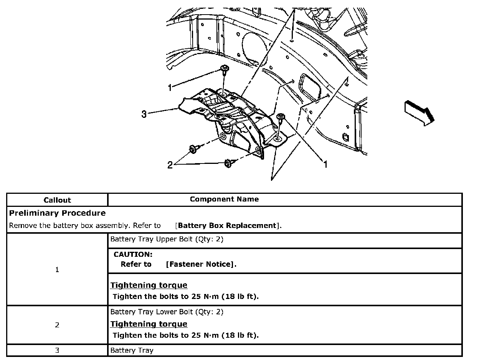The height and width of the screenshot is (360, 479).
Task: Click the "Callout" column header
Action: point(57,200)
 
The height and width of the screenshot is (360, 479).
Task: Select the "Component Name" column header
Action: point(224,199)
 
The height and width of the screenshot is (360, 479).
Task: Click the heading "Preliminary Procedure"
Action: point(57,213)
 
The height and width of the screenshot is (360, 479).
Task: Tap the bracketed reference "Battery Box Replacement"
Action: point(227,226)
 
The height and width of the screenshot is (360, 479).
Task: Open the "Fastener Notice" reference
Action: point(200,264)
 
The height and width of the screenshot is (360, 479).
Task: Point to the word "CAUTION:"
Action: point(133,254)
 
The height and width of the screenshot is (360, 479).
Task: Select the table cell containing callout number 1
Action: point(57,270)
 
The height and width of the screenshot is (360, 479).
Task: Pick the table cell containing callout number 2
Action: point(57,325)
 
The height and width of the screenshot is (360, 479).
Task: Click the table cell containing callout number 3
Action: point(57,350)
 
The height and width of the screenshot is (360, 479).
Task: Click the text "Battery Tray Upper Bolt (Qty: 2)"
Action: point(167,239)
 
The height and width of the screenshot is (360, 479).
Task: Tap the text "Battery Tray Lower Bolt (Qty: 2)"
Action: point(167,312)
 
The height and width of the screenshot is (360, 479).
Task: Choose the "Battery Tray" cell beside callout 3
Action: point(132,350)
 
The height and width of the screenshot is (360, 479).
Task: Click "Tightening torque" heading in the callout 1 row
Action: point(149,285)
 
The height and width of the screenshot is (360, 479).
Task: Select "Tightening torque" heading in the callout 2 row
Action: point(149,324)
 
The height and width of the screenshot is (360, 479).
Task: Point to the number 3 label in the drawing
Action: point(144,114)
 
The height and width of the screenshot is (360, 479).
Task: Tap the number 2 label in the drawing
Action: point(170,165)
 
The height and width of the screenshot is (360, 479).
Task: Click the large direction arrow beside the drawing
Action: point(419,112)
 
